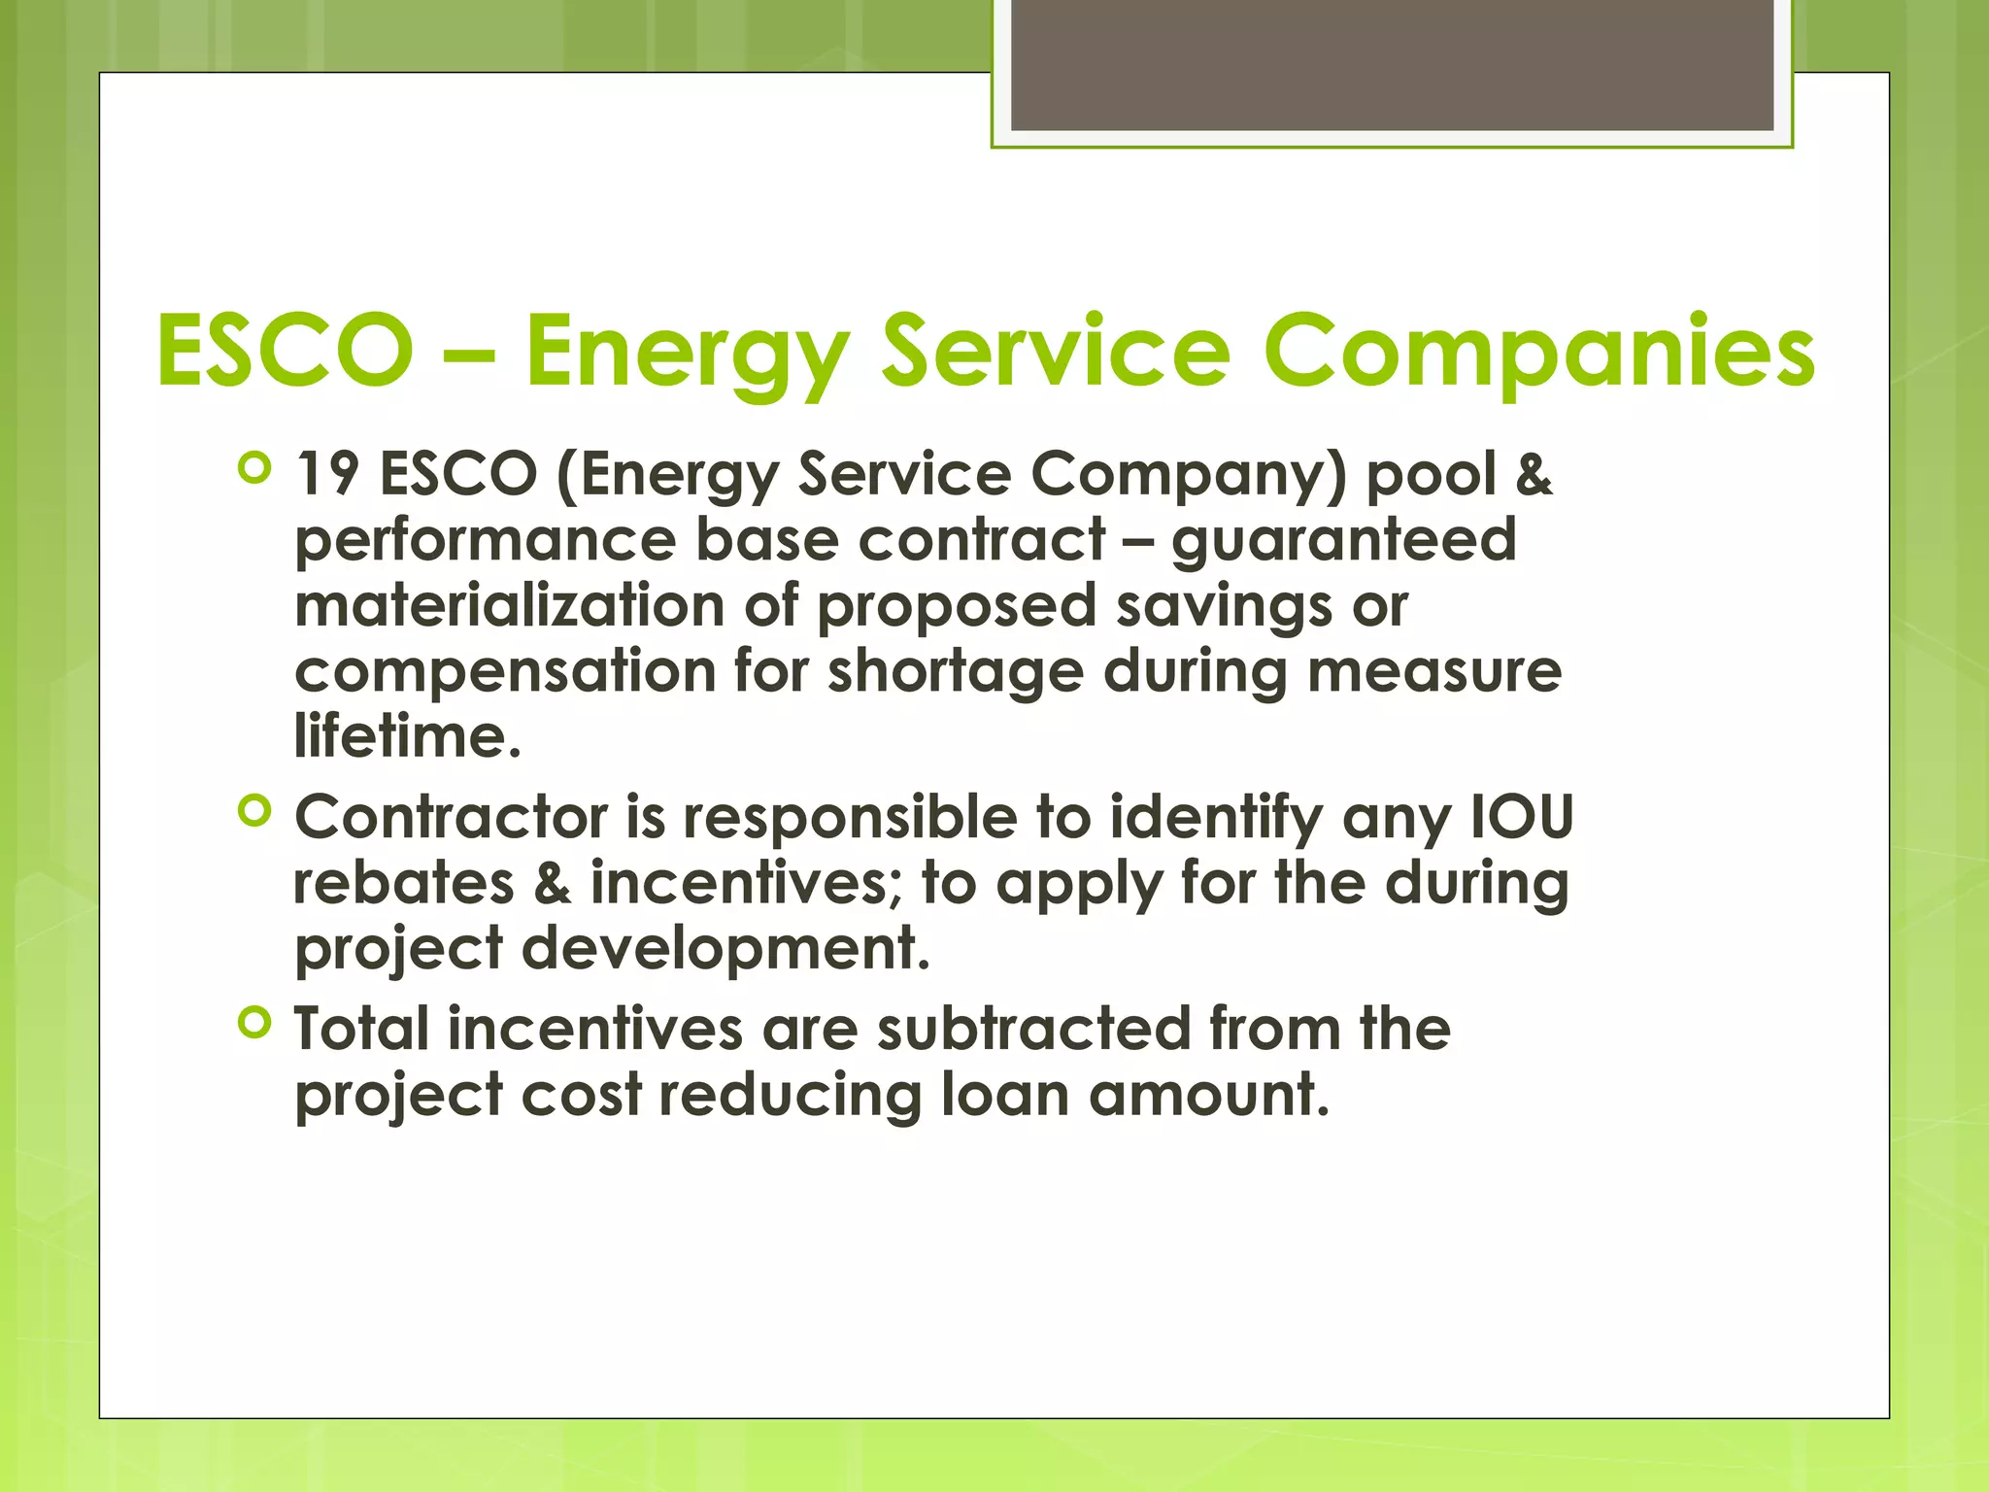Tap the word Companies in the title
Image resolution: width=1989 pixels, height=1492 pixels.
(x=1538, y=352)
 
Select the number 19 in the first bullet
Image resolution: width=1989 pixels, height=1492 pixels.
(x=326, y=474)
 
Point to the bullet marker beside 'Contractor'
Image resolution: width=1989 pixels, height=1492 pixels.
(x=253, y=811)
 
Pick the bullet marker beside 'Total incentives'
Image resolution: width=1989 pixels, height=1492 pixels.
(x=253, y=1023)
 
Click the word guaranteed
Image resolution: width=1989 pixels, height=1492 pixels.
(x=1344, y=541)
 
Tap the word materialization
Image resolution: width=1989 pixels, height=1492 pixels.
(x=510, y=605)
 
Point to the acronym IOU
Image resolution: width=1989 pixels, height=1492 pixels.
(x=1522, y=817)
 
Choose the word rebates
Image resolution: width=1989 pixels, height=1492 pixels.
(x=404, y=883)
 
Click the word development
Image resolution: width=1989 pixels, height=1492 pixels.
(x=726, y=948)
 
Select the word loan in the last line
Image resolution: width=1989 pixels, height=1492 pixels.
(x=1004, y=1095)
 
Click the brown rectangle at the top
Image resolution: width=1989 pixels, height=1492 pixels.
(x=1392, y=64)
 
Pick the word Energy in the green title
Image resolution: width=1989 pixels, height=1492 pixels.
(x=688, y=352)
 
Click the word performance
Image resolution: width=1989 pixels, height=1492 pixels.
(x=486, y=541)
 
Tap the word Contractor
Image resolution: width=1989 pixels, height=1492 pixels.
(x=452, y=817)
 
